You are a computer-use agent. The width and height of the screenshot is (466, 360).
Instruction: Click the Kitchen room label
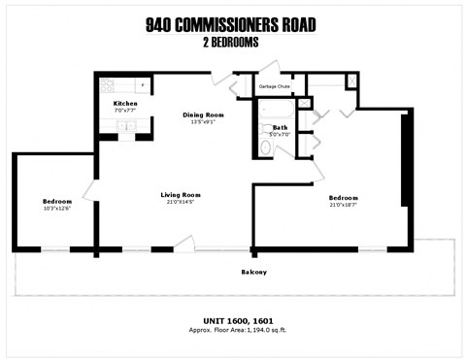click(126, 103)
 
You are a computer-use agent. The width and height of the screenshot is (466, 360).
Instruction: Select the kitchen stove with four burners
click(106, 85)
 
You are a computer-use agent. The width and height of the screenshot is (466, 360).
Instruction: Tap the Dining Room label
click(204, 115)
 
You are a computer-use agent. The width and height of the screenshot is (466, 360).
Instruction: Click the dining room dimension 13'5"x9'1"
click(204, 122)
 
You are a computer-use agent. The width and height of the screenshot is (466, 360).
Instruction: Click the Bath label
click(280, 127)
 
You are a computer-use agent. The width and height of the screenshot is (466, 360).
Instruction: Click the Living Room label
click(180, 194)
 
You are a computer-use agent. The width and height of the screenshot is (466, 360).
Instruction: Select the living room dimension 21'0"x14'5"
click(180, 202)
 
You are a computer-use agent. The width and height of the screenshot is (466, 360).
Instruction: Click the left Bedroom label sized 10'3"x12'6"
click(56, 201)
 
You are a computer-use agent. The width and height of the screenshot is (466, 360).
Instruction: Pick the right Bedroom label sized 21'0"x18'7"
click(349, 197)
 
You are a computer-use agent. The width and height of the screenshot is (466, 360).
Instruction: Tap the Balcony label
click(254, 272)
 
